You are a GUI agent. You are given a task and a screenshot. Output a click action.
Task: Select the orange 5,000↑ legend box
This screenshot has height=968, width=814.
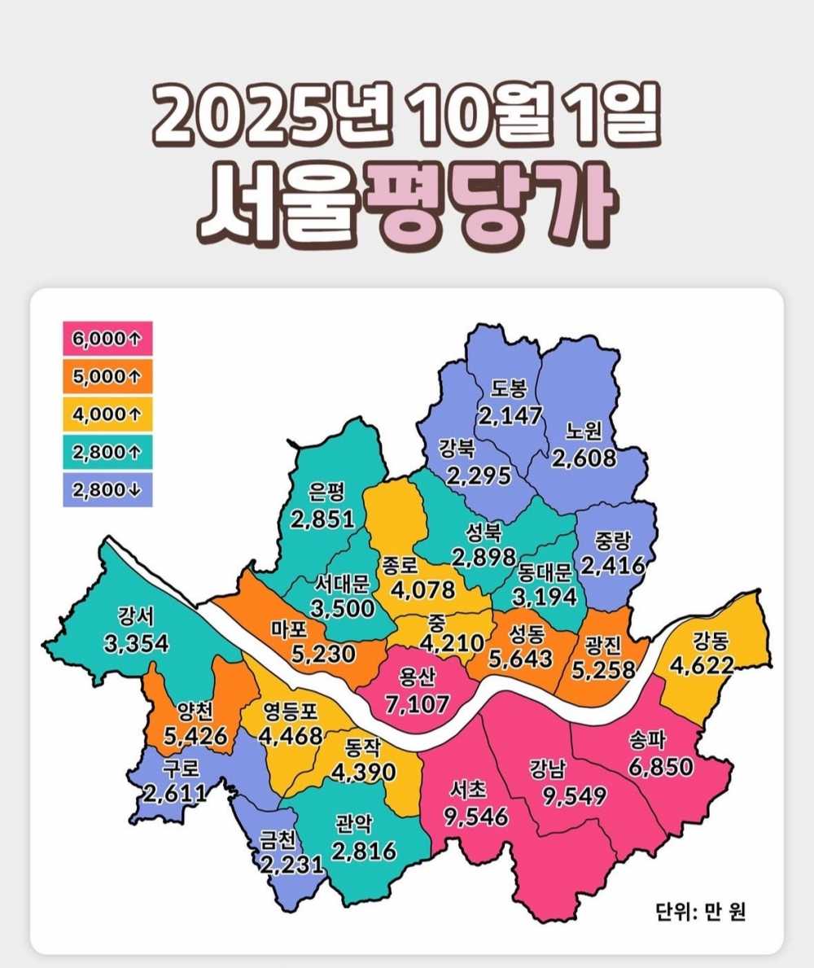pos(103,377)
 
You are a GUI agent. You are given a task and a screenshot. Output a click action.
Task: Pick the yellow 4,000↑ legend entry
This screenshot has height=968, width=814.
pos(103,414)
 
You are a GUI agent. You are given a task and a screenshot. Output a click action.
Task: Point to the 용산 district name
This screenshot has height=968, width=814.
pos(418,676)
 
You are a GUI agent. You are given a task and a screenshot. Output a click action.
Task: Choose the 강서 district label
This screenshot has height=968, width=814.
pos(136,615)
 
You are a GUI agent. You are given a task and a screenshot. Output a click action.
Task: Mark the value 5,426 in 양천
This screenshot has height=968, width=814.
pos(195,741)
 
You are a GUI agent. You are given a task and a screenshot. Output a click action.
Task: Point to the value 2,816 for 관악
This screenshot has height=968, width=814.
pos(364,852)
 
